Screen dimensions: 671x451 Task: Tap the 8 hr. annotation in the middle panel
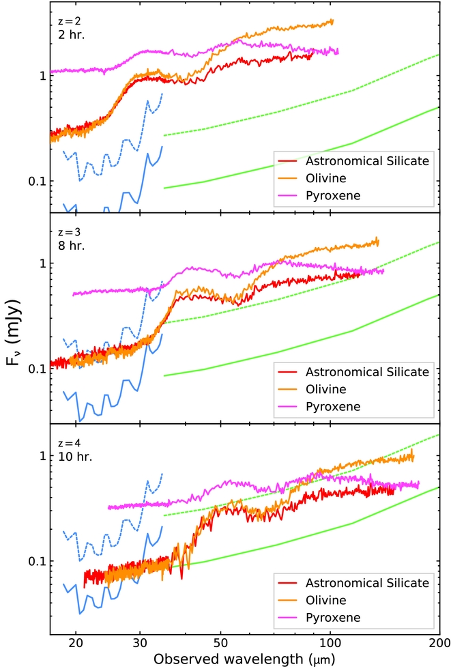pos(72,245)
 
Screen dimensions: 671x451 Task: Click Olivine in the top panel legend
pos(326,178)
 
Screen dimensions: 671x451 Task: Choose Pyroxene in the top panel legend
pos(333,196)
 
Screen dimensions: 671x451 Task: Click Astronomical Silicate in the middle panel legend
pos(367,372)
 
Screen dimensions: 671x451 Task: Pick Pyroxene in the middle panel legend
pos(333,407)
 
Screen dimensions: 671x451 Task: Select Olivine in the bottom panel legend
pos(326,600)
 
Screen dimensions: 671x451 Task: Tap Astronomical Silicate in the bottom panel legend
pos(367,583)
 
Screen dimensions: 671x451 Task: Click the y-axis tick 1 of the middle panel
pos(43,263)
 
